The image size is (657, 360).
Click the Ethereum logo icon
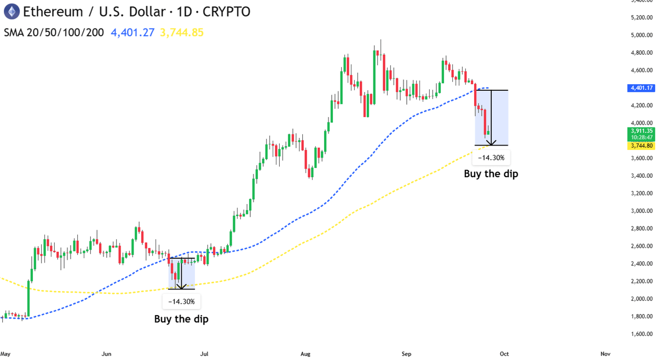pos(10,10)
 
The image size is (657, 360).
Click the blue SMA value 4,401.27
pos(133,32)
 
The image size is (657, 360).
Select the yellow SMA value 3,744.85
pos(182,32)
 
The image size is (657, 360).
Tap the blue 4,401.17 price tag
pos(642,88)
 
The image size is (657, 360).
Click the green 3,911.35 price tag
pos(642,131)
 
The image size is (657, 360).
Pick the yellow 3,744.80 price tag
pos(642,146)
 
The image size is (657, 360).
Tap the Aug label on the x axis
pos(306,354)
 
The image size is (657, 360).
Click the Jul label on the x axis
pos(205,354)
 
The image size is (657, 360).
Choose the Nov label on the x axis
pos(605,354)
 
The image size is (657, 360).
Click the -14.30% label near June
pos(181,301)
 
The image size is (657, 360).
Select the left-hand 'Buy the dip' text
pos(181,319)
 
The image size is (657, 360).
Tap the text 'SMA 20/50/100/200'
pos(54,32)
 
